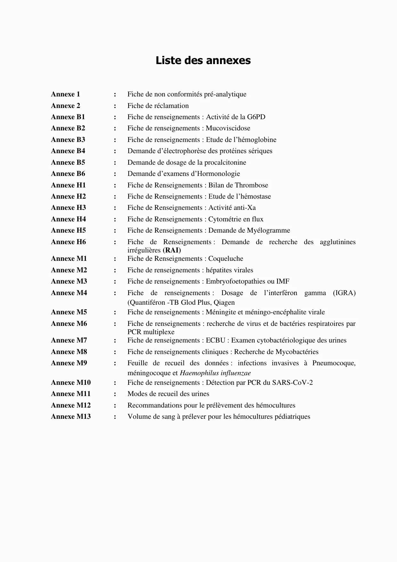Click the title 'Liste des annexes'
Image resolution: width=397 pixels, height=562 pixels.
pos(203,60)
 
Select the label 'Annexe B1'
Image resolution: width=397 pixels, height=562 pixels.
pos(68,117)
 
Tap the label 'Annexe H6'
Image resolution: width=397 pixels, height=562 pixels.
pos(68,242)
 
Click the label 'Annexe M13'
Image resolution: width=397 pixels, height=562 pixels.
pos(71,417)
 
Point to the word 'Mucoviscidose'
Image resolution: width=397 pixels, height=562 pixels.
pos(228,128)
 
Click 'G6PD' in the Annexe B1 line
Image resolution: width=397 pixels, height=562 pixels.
pos(256,117)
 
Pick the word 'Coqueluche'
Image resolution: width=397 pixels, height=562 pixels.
pos(226,259)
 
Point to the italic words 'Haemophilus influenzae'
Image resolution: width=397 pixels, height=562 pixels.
pos(215,373)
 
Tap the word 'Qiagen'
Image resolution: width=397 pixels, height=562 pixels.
pos(224,302)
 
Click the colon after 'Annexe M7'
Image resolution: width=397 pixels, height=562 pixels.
pos(115,341)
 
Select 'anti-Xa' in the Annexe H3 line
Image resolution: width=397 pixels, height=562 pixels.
pos(244,208)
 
